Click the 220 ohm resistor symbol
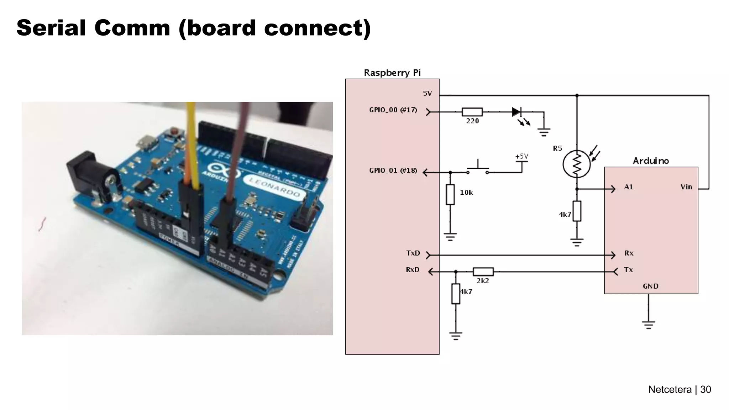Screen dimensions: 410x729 coord(472,112)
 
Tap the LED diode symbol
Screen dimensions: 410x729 coord(516,112)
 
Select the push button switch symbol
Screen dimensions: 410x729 coord(478,169)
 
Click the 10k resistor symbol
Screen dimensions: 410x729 coord(450,194)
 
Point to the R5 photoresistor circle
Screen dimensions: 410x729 coord(577,164)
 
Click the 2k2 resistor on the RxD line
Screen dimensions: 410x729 coord(483,272)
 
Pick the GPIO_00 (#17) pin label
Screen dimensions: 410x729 coord(393,110)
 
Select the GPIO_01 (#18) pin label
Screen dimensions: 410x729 coord(393,170)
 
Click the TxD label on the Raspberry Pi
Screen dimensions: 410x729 coord(413,253)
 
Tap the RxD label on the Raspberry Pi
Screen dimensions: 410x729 coord(413,270)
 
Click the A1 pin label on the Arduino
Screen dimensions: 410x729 coord(628,187)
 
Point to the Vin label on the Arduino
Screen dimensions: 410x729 coord(686,187)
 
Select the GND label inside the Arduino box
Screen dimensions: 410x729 coord(650,286)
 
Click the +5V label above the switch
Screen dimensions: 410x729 coord(521,156)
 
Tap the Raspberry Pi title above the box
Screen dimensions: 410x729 coord(392,73)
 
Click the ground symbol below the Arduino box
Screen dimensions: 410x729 coord(648,325)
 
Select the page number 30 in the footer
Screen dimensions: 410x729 coord(705,389)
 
